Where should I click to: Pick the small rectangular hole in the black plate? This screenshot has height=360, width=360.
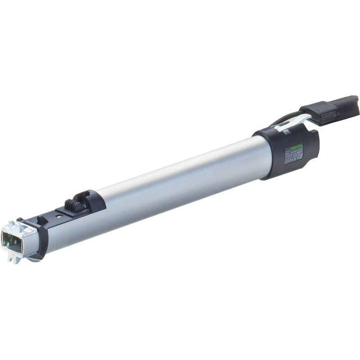59,216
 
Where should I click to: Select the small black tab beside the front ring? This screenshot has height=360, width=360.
41,219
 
